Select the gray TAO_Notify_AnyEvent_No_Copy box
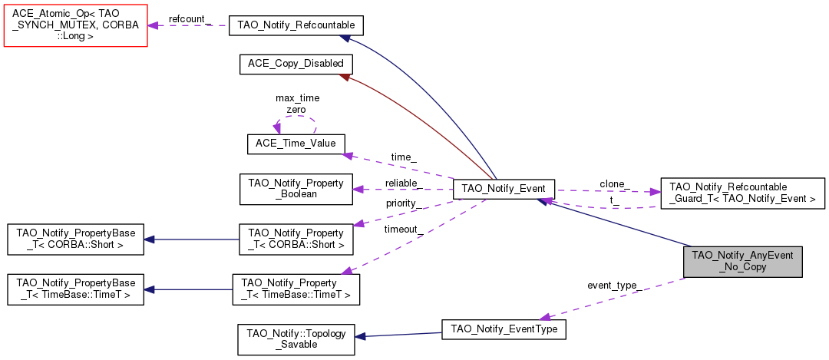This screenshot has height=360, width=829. [x=742, y=262]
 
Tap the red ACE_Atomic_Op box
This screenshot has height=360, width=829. [x=75, y=25]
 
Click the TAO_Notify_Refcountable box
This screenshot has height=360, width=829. [x=296, y=25]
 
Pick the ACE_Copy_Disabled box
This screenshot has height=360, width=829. [x=296, y=64]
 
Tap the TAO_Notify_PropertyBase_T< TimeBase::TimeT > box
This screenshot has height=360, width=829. [x=75, y=289]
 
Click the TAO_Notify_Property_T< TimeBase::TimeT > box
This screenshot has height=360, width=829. [x=296, y=289]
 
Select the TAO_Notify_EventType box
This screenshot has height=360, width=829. [x=504, y=329]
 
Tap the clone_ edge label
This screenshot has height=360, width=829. [x=615, y=184]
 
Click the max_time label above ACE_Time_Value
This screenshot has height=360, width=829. [x=297, y=98]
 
